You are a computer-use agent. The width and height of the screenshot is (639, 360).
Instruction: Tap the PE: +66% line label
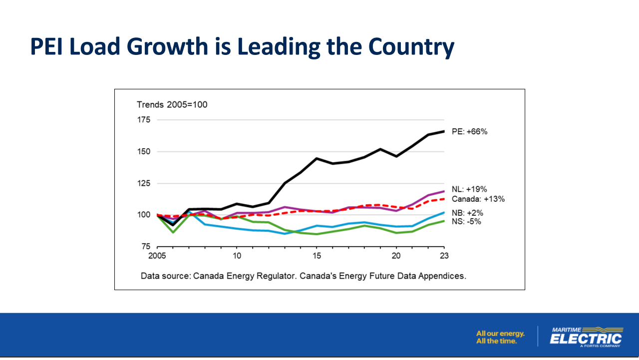click(469, 132)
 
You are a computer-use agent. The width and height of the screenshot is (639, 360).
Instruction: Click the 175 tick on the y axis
click(144, 119)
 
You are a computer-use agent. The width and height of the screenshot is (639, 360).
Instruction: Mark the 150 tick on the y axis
click(144, 151)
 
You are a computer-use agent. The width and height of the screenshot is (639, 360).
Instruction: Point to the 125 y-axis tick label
click(144, 183)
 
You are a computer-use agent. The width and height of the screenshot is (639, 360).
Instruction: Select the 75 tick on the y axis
click(146, 247)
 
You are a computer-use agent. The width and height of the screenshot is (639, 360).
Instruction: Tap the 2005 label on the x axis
click(157, 256)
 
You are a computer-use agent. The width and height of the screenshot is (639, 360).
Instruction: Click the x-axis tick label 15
click(317, 256)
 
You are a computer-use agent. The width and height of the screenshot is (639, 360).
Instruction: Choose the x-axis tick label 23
click(444, 256)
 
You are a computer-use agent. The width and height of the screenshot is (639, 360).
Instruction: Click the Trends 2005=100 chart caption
click(172, 104)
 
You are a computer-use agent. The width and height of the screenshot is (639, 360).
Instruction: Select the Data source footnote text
click(303, 276)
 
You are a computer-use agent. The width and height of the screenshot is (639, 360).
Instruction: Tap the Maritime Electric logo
click(586, 336)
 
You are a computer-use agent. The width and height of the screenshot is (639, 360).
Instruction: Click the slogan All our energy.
click(500, 334)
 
